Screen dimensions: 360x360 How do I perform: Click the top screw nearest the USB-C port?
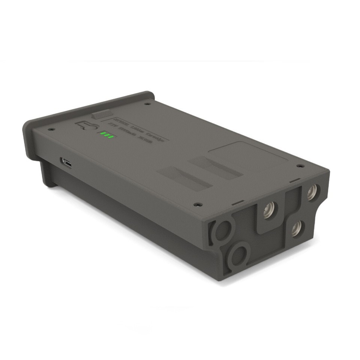pyautogui.click(x=51, y=129)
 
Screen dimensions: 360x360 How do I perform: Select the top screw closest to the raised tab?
pyautogui.click(x=147, y=104)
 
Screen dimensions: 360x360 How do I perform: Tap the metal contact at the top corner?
pyautogui.click(x=311, y=193)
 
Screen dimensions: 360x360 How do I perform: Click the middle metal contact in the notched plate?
pyautogui.click(x=269, y=210)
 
